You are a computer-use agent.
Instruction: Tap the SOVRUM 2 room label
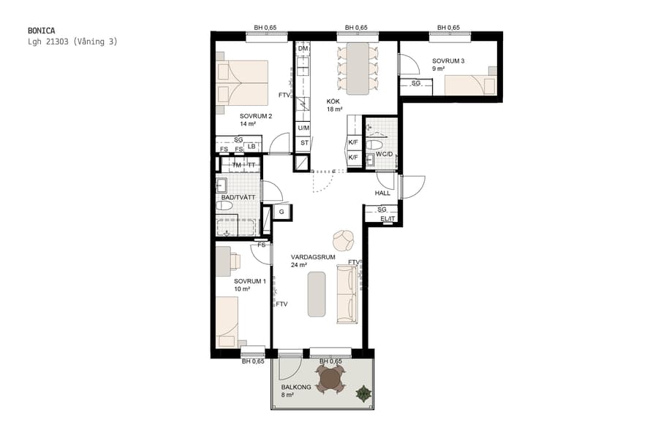coord(256,116)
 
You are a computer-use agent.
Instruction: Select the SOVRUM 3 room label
coord(448,61)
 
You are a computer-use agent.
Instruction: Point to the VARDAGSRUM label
coord(312,257)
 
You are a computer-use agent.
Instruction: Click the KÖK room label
coord(333,101)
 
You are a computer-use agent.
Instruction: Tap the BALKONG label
coord(296,387)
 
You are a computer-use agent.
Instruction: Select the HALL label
coord(382,193)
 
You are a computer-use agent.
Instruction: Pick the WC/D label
coord(384,153)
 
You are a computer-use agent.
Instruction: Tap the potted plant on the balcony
coord(363,395)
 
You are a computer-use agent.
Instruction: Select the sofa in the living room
coord(347,293)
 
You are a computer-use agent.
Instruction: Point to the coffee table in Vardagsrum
coord(317,293)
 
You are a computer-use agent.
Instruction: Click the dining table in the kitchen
coord(358,68)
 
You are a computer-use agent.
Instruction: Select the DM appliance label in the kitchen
coord(303,49)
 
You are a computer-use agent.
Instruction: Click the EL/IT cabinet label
coord(386,219)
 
